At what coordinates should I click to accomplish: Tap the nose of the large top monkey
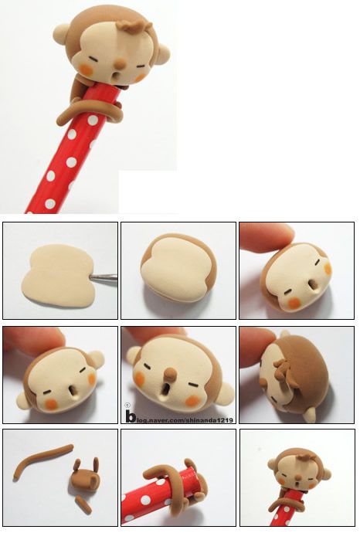pos(120,63)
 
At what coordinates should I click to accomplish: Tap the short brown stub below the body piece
pos(83,504)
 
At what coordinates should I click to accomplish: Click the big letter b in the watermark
pos(131,416)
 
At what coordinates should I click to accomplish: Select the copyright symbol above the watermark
pos(127,406)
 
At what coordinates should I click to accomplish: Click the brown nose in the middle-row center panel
pos(171,374)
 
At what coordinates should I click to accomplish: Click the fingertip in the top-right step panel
pos(267,236)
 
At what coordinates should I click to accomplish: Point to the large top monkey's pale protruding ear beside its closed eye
pos(161,55)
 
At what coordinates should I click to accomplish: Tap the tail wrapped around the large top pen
pos(89,110)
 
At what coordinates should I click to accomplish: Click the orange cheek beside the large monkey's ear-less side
pos(86,69)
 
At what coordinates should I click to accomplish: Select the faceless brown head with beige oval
pos(178,267)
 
